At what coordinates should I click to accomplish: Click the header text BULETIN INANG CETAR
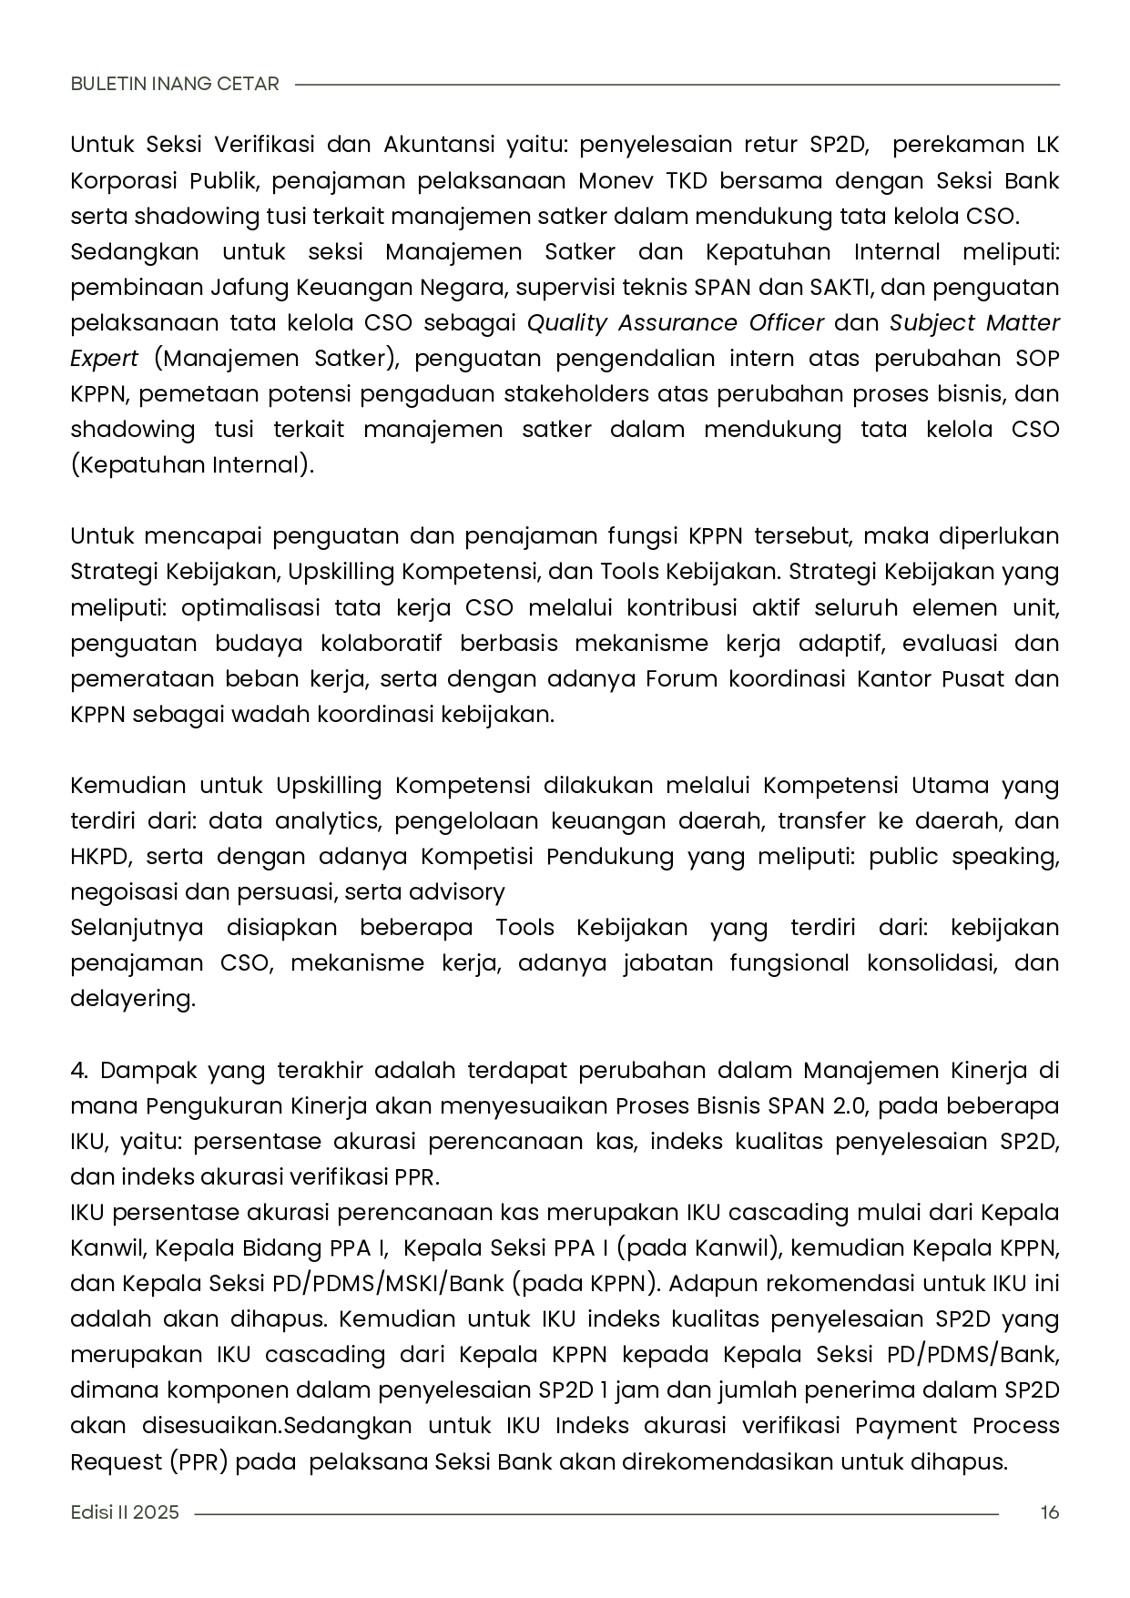pyautogui.click(x=175, y=84)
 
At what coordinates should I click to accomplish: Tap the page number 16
pyautogui.click(x=1049, y=1512)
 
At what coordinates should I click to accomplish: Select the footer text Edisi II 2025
pyautogui.click(x=125, y=1512)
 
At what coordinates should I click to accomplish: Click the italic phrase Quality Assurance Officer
pyautogui.click(x=676, y=323)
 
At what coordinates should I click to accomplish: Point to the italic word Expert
pyautogui.click(x=104, y=359)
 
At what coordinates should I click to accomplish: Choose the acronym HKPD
pyautogui.click(x=101, y=857)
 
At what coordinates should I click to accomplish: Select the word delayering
pyautogui.click(x=132, y=999)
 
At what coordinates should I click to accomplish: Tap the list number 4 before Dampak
pyautogui.click(x=77, y=1070)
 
